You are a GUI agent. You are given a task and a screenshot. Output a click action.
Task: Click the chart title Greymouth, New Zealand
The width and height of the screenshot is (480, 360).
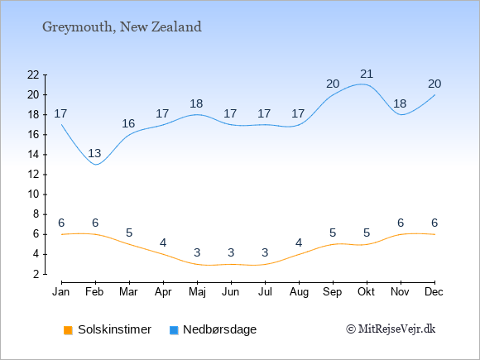click(122, 27)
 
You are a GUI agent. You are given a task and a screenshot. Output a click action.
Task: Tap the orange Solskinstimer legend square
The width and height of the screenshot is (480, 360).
click(68, 330)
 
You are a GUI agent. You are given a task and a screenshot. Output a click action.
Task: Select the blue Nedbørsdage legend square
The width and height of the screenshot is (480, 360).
click(174, 330)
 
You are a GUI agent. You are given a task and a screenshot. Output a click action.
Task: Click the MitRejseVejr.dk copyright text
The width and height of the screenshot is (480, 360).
click(391, 329)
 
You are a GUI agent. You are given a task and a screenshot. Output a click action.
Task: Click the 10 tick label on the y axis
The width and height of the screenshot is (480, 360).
click(33, 194)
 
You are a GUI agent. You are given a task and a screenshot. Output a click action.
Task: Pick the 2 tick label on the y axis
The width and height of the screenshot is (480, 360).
click(36, 274)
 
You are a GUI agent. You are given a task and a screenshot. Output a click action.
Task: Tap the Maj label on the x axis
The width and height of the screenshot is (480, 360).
click(197, 292)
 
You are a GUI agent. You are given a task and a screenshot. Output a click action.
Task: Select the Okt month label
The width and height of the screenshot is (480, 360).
click(367, 292)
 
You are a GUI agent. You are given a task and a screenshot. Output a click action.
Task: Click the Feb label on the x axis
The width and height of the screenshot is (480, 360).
click(94, 292)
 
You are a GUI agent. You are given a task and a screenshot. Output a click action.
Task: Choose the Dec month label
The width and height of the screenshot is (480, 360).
click(434, 292)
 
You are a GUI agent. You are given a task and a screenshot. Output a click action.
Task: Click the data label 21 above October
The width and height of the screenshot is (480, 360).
click(367, 74)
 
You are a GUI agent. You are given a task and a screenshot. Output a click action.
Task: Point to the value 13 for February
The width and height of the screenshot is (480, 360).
click(94, 153)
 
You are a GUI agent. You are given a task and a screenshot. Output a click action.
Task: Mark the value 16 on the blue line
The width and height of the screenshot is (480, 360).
click(128, 123)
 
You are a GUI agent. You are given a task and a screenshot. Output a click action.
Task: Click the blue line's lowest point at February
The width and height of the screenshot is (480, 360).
click(96, 165)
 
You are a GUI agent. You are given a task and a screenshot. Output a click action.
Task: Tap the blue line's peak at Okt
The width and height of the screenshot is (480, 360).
click(362, 84)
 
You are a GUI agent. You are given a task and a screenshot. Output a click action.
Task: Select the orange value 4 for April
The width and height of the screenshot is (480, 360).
click(163, 243)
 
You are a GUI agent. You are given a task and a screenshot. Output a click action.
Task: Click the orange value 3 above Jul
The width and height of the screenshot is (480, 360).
click(265, 253)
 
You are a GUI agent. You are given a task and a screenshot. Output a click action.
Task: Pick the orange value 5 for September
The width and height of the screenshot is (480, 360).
click(333, 233)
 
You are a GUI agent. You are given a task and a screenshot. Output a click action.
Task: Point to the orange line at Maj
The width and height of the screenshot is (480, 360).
click(197, 264)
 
